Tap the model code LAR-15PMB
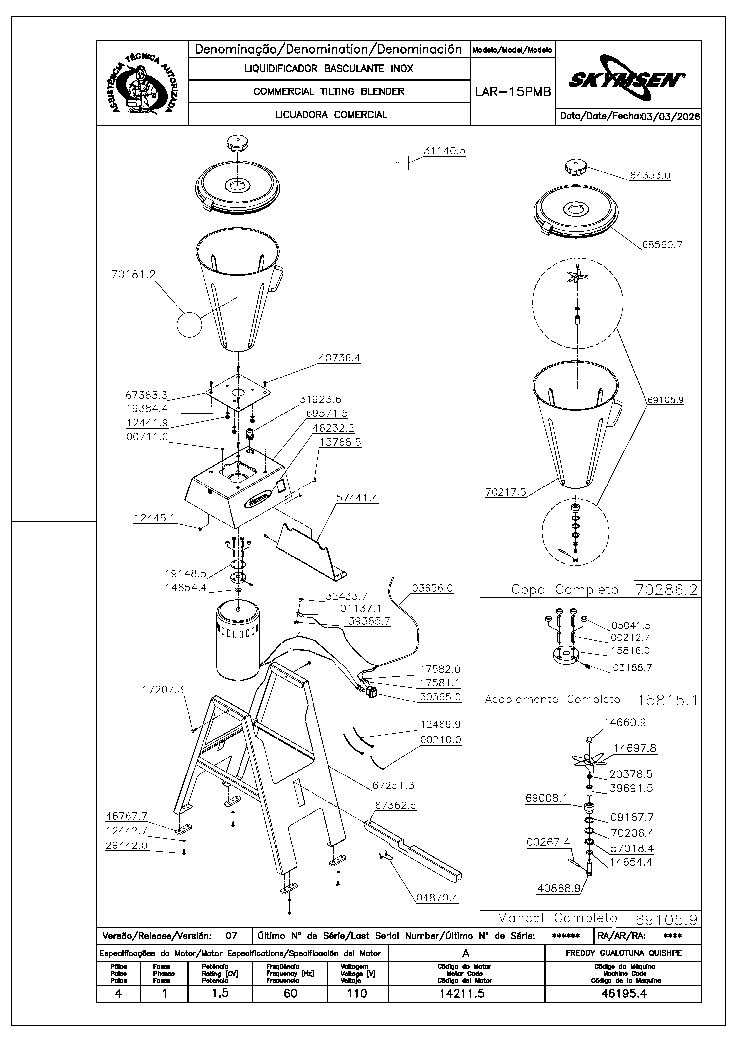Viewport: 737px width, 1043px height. [x=513, y=92]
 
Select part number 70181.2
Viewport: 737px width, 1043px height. [x=133, y=275]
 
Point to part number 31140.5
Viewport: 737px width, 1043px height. [x=444, y=151]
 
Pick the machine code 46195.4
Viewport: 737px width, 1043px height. [x=623, y=993]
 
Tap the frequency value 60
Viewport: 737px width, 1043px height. [x=290, y=993]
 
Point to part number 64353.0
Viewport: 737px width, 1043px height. [x=650, y=175]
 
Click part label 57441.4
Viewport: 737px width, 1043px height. [x=357, y=498]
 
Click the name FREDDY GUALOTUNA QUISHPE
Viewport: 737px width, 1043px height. [x=623, y=953]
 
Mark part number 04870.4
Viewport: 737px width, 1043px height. [x=437, y=898]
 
